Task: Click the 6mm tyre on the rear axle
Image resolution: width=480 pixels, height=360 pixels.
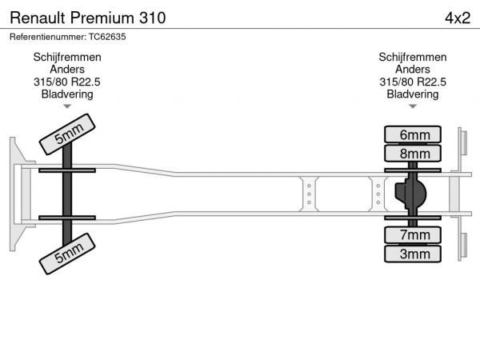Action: click(x=414, y=134)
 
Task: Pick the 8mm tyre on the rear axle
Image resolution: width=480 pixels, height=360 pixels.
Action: click(x=414, y=154)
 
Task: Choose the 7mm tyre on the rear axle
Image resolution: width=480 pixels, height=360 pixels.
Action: click(x=414, y=234)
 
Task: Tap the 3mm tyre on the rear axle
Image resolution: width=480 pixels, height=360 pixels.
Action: click(x=414, y=254)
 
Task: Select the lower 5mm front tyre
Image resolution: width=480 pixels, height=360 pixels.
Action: click(x=69, y=255)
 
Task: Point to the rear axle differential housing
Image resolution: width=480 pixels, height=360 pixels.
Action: click(x=411, y=194)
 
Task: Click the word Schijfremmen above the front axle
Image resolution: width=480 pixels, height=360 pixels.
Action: click(x=67, y=58)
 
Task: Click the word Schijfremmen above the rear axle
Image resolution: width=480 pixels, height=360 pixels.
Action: click(x=413, y=58)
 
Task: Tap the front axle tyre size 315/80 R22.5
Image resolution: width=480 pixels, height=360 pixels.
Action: click(x=67, y=82)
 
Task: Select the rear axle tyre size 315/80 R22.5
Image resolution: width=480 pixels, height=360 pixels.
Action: click(x=413, y=82)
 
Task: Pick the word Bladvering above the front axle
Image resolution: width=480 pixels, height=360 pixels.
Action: click(x=67, y=94)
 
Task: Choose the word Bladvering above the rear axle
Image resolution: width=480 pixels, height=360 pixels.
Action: click(x=413, y=94)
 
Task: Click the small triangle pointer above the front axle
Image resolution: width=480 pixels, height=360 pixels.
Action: click(x=67, y=106)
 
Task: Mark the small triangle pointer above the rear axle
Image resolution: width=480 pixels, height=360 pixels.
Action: click(x=413, y=106)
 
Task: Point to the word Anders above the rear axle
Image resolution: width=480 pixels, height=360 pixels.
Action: click(x=413, y=70)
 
